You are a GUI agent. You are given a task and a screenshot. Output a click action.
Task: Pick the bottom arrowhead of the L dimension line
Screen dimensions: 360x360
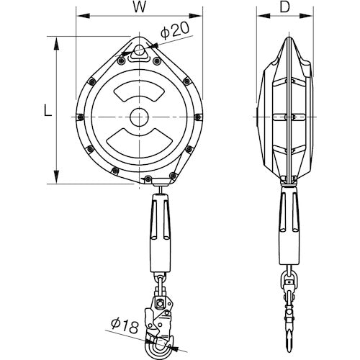[55, 181]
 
